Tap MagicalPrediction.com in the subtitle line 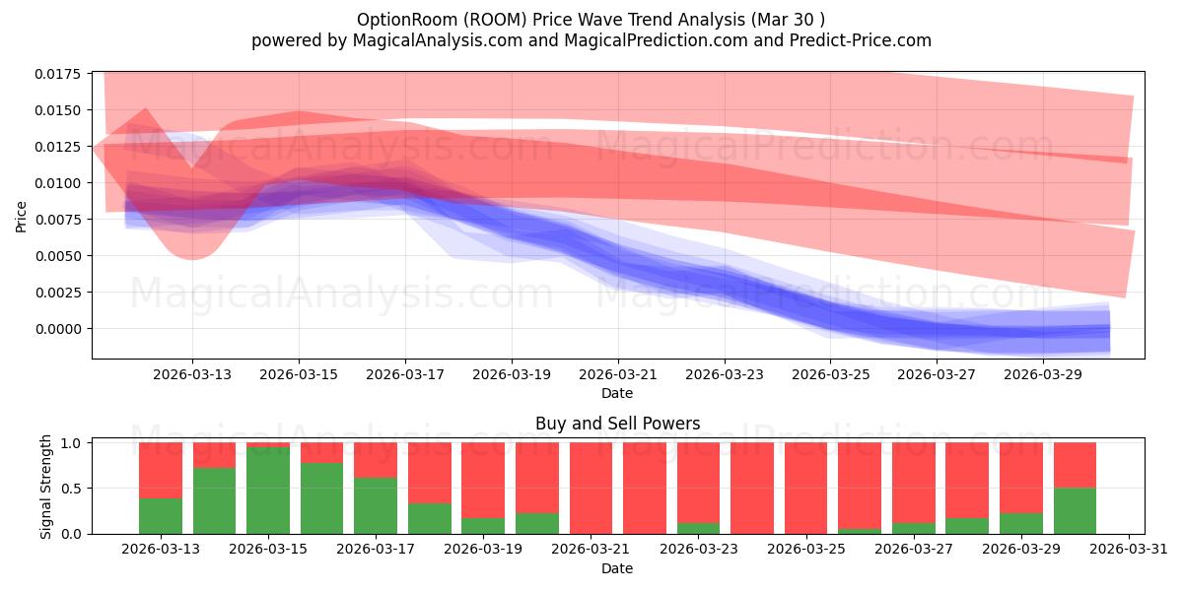click(x=656, y=40)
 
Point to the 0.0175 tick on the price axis click(x=58, y=74)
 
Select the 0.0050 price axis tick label click(x=58, y=256)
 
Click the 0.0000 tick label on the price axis click(x=58, y=329)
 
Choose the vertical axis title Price click(x=21, y=217)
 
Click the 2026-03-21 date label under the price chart click(x=618, y=374)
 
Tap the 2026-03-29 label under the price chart click(x=1043, y=374)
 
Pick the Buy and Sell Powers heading click(x=618, y=424)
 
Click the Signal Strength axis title click(x=46, y=487)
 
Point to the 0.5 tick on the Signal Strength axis click(x=71, y=489)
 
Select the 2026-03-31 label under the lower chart click(x=1129, y=550)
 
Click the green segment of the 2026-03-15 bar click(x=268, y=491)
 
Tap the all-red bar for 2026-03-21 click(x=591, y=489)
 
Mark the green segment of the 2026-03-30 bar click(x=1075, y=511)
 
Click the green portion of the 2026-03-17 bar click(x=376, y=505)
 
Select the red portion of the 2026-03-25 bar click(x=806, y=489)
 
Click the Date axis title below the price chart click(x=617, y=393)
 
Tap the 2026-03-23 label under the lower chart click(x=699, y=550)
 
